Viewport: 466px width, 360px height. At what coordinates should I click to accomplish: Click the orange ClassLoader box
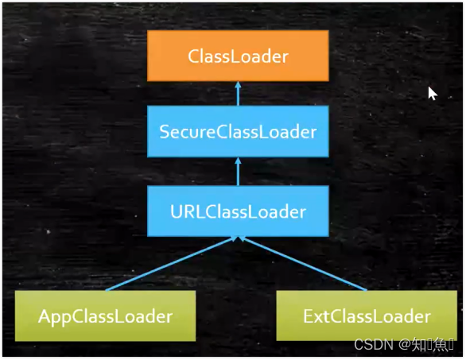(238, 56)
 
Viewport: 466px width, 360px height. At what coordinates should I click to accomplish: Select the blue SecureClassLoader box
(238, 132)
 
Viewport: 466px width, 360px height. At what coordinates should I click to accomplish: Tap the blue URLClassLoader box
(238, 211)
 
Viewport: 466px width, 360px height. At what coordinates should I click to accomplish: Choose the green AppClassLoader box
(105, 316)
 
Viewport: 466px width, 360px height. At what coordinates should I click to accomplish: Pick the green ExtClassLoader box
(367, 316)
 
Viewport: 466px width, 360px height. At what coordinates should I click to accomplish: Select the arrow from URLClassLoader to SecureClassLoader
(238, 172)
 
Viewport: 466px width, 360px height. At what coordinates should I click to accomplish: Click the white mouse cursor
(432, 93)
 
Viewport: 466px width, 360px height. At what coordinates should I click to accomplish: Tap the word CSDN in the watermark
(371, 346)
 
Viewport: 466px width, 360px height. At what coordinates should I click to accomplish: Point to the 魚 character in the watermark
(438, 346)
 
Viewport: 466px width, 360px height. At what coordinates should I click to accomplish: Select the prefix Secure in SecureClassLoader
(187, 132)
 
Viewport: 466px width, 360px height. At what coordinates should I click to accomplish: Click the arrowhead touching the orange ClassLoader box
(238, 85)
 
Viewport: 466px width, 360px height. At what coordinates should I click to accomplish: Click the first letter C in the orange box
(193, 56)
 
